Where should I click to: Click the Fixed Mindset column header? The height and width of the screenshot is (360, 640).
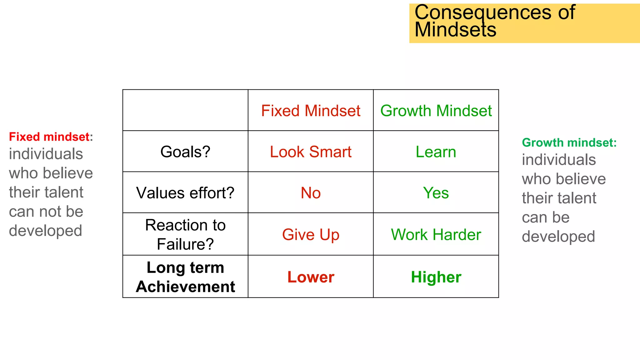coord(311,111)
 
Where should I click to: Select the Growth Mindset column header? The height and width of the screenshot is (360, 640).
coord(436,111)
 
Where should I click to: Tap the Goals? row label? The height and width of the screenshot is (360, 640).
coord(185,152)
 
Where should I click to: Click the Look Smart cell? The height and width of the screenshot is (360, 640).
coord(311,152)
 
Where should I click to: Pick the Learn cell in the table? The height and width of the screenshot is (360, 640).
coord(436,152)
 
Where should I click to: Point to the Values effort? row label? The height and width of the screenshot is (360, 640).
coord(185,193)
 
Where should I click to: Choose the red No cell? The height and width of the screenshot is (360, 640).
coord(311,193)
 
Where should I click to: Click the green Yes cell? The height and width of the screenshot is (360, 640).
coord(436,193)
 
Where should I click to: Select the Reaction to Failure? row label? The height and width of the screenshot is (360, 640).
coord(185,234)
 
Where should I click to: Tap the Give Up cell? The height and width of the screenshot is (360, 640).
coord(311,235)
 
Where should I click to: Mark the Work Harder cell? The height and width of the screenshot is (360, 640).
coord(436,235)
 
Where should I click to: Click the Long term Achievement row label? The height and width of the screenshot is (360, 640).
coord(185,277)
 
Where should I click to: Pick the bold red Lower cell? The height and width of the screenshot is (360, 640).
coord(311,277)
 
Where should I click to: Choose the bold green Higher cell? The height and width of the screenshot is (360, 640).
coord(436,277)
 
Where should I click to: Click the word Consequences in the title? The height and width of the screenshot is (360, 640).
coord(482,12)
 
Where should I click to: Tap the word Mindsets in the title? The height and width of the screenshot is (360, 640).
coord(455,30)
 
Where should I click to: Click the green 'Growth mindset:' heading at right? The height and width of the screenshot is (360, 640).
coord(569,142)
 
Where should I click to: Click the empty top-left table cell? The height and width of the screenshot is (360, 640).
coord(185,110)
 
